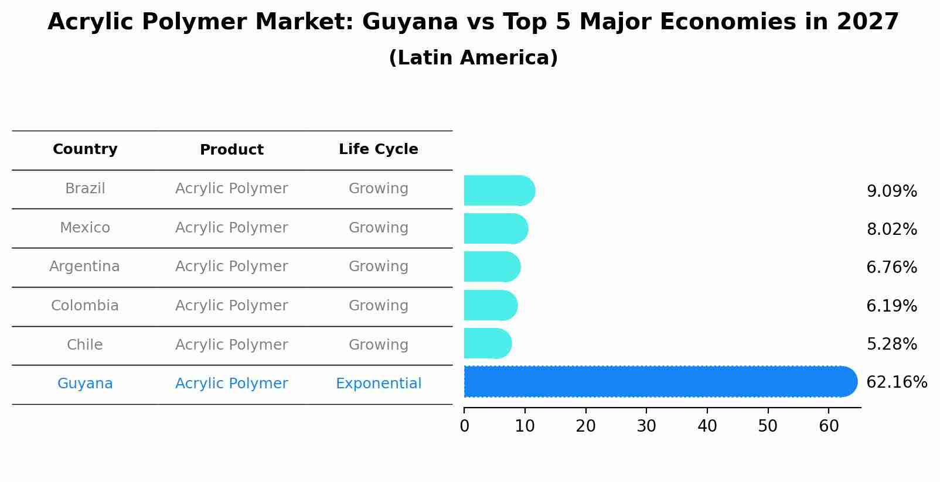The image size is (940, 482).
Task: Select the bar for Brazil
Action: point(498,191)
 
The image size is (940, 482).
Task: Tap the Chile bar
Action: point(487,344)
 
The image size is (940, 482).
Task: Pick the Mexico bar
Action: point(495,229)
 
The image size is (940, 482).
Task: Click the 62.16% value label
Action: point(896,382)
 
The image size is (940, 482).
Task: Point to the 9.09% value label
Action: point(891,192)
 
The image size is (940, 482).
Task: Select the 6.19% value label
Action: point(891,306)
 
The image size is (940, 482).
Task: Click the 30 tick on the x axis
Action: point(646,426)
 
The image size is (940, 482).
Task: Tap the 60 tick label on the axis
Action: point(829,426)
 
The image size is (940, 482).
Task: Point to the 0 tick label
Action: point(465,426)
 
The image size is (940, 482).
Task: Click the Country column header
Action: point(85,149)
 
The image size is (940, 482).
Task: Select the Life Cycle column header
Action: point(378,149)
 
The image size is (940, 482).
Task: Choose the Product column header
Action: point(231,150)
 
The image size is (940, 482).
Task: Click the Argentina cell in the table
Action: point(84,266)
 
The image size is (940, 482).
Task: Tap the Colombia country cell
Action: point(84,306)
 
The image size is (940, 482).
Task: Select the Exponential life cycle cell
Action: point(378,384)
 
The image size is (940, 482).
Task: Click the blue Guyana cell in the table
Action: point(85,384)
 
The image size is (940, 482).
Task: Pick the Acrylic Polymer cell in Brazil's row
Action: point(231,189)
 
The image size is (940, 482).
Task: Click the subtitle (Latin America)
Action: point(473,58)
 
